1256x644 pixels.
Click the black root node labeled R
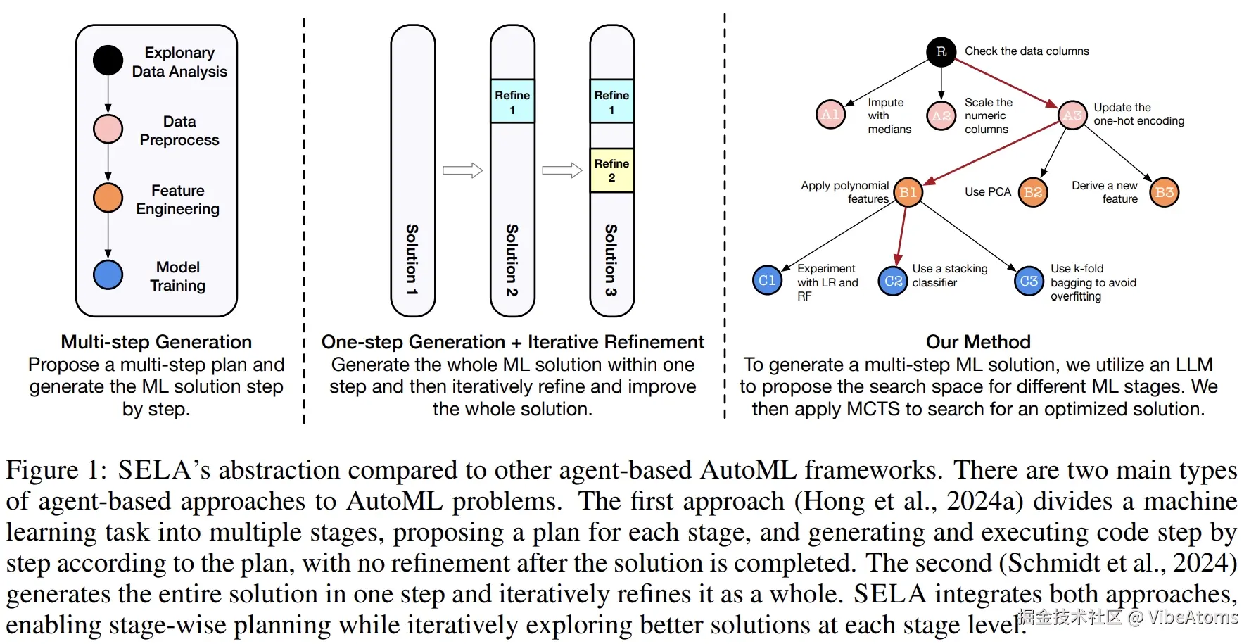click(x=941, y=51)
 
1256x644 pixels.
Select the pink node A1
click(x=830, y=114)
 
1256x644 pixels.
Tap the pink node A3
click(x=1072, y=115)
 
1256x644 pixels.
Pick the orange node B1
click(x=908, y=192)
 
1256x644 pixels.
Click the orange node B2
click(x=1033, y=192)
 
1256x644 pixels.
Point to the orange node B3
click(x=1165, y=192)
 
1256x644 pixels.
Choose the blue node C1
click(x=767, y=281)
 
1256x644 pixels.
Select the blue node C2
click(x=893, y=282)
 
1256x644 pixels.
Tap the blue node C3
click(x=1029, y=282)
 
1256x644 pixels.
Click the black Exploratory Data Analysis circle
click(x=108, y=61)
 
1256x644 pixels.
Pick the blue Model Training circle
click(x=108, y=274)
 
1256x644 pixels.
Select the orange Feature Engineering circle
click(x=108, y=198)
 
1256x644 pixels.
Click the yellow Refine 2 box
click(x=611, y=170)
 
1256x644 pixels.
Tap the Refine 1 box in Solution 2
click(x=512, y=101)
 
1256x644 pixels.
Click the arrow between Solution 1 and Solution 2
click(x=462, y=170)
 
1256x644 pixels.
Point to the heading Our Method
click(x=978, y=342)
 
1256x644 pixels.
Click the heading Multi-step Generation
click(x=156, y=342)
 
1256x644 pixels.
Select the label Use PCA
click(x=987, y=192)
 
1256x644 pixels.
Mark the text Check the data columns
click(x=1027, y=51)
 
